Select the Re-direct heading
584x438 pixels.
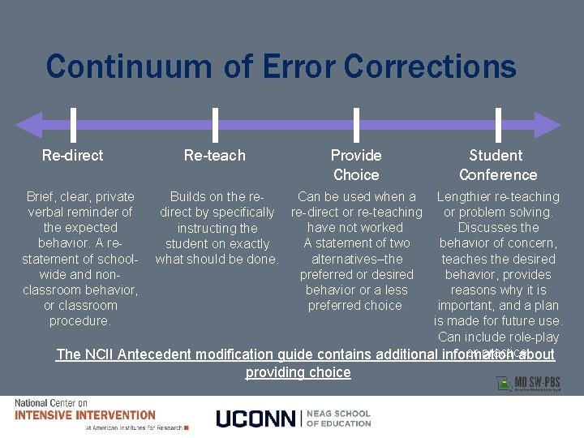(x=73, y=155)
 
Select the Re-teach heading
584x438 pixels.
(x=214, y=155)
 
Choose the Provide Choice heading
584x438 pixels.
(x=356, y=165)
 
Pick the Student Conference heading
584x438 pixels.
(x=497, y=165)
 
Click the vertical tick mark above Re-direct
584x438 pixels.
(x=73, y=125)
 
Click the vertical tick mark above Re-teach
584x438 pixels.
(x=215, y=125)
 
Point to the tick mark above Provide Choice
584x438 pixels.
(x=356, y=125)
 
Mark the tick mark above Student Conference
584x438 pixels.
(x=497, y=125)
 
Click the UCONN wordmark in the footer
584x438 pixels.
(x=257, y=419)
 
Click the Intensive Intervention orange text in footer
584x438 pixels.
(x=85, y=415)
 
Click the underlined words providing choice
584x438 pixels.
(x=298, y=372)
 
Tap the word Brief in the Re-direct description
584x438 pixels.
(x=43, y=197)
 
